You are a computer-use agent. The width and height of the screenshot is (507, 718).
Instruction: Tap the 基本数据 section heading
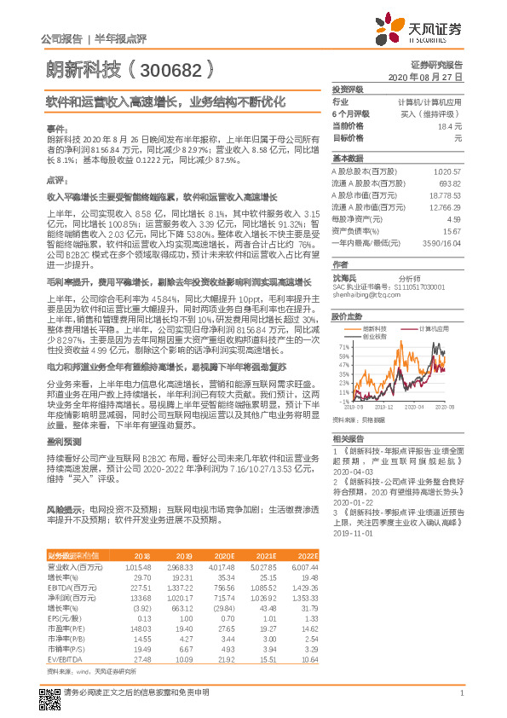point(347,159)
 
